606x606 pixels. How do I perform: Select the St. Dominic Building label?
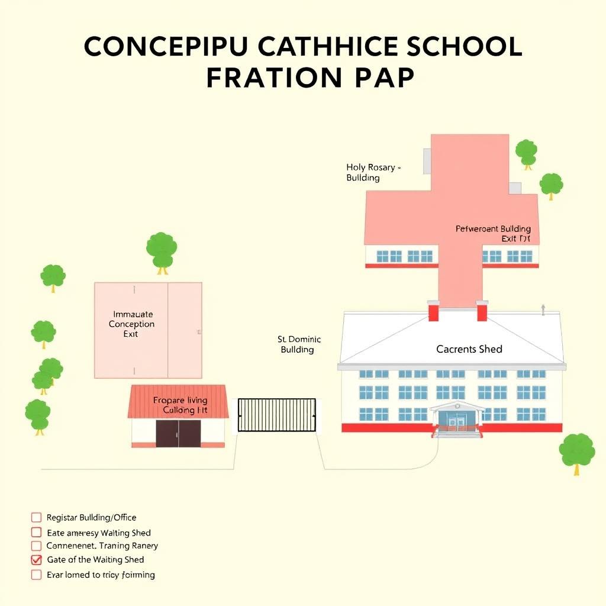(x=299, y=344)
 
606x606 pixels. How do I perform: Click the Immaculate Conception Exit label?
(x=131, y=324)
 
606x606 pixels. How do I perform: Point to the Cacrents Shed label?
(x=469, y=349)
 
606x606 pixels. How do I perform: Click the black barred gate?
(x=277, y=414)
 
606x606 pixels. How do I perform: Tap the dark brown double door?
(x=178, y=433)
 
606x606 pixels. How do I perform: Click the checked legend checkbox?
(x=37, y=559)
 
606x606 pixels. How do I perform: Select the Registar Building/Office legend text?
(x=91, y=518)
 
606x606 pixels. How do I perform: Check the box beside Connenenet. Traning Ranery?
(x=37, y=546)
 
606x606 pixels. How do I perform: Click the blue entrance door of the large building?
(x=456, y=420)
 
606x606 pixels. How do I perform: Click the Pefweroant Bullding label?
(x=493, y=229)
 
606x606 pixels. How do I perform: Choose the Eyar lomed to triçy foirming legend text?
(x=101, y=575)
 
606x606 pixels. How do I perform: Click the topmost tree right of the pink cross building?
(x=526, y=152)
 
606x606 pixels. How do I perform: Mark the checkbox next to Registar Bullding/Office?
(x=37, y=518)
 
